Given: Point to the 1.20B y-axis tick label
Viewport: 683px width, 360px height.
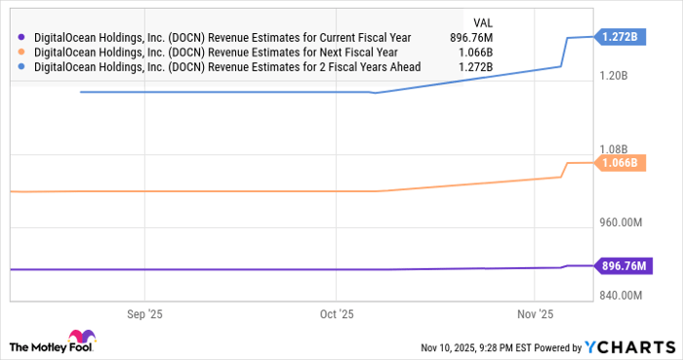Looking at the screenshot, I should point(622,75).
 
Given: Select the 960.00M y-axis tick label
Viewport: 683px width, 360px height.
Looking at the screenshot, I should point(618,222).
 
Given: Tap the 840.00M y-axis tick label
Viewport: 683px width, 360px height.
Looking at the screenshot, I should point(618,296).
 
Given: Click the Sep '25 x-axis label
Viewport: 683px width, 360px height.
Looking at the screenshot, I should point(144,314).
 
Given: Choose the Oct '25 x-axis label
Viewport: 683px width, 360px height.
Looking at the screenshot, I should point(336,314).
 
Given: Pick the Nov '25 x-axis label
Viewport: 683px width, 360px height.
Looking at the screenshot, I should point(535,314).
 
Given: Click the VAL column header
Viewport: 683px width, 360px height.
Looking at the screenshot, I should point(481,20).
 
